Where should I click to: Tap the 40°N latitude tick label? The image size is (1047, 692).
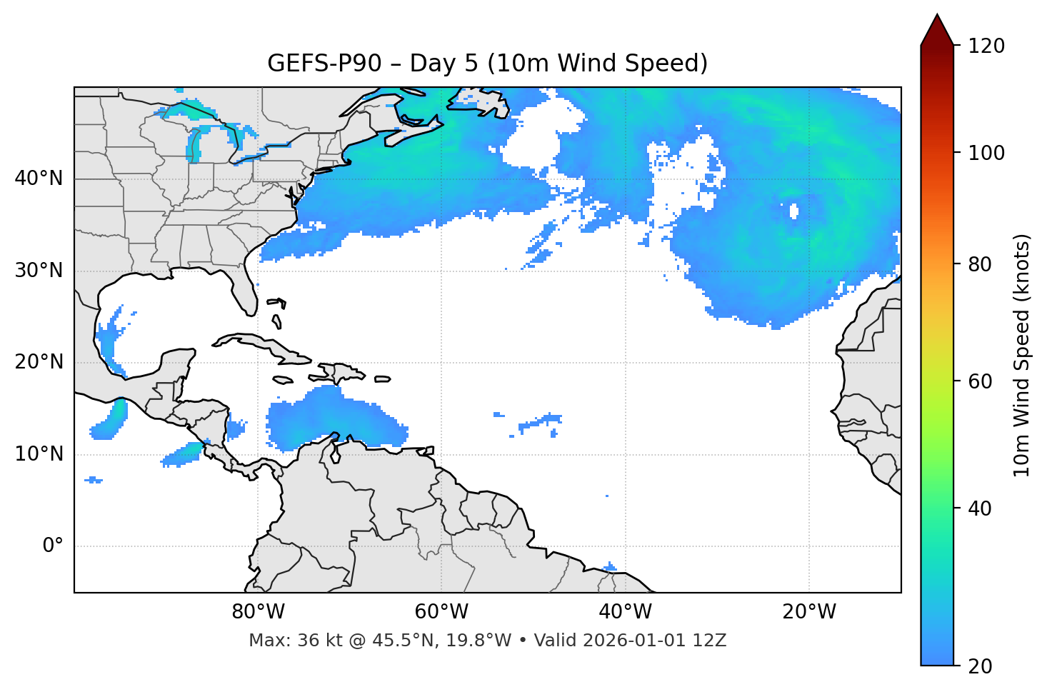(x=39, y=179)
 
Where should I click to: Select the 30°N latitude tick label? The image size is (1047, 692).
(x=39, y=271)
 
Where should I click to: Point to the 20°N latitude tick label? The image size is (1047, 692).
(x=39, y=362)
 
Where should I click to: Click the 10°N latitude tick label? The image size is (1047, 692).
(x=39, y=454)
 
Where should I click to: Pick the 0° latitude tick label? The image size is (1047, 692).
(x=52, y=546)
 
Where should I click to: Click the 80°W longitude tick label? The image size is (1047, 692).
(x=258, y=612)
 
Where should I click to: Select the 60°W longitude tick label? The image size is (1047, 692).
(x=441, y=612)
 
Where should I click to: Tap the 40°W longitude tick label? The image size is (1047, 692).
(x=625, y=612)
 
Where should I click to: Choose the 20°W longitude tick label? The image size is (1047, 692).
(x=808, y=612)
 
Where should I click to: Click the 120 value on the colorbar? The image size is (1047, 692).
(x=986, y=46)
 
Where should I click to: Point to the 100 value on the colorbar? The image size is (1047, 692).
(x=986, y=153)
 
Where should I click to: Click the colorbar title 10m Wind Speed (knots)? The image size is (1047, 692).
(x=1022, y=355)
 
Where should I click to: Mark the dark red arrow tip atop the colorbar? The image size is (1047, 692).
(x=937, y=25)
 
